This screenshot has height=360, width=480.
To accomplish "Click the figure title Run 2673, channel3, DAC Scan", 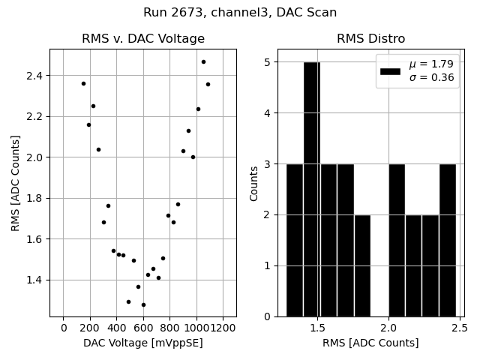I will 240,13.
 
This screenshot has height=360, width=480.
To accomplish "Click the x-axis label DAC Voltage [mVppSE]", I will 142,343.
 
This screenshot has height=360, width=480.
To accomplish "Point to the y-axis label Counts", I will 254,183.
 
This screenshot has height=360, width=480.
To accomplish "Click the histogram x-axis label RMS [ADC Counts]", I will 371,343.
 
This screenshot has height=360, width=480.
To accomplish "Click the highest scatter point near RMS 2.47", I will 203,61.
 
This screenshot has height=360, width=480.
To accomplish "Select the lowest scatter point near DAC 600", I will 143,304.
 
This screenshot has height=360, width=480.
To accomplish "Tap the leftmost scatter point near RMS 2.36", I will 83,83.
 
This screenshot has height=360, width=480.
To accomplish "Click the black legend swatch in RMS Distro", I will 391,71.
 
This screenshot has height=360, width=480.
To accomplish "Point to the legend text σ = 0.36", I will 432,78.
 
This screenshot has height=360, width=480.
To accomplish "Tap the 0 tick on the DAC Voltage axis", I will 64,328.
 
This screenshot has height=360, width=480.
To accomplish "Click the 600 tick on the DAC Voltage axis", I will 143,328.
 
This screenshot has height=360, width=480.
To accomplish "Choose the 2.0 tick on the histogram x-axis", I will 388,328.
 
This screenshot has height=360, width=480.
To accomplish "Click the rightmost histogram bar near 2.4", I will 448,240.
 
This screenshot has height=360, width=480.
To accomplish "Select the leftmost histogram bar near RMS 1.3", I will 295,240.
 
